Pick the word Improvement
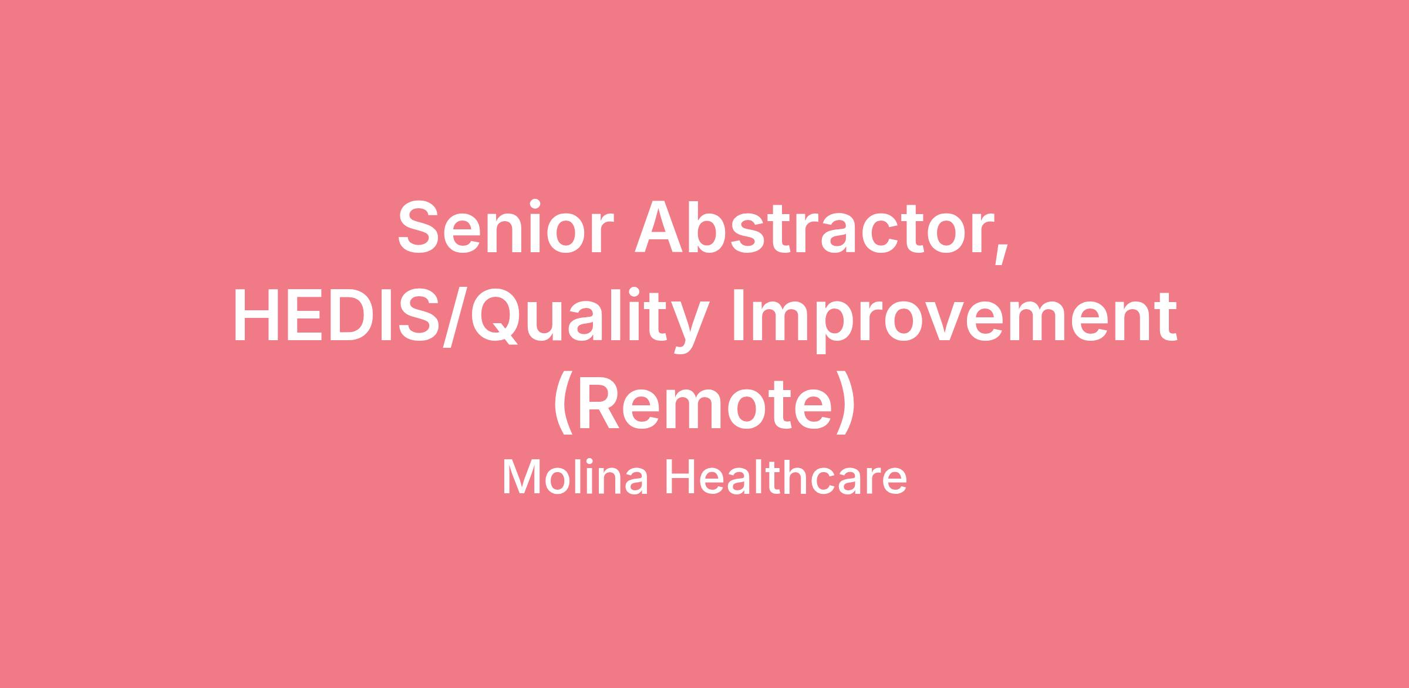pos(953,317)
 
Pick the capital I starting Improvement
pos(737,314)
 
